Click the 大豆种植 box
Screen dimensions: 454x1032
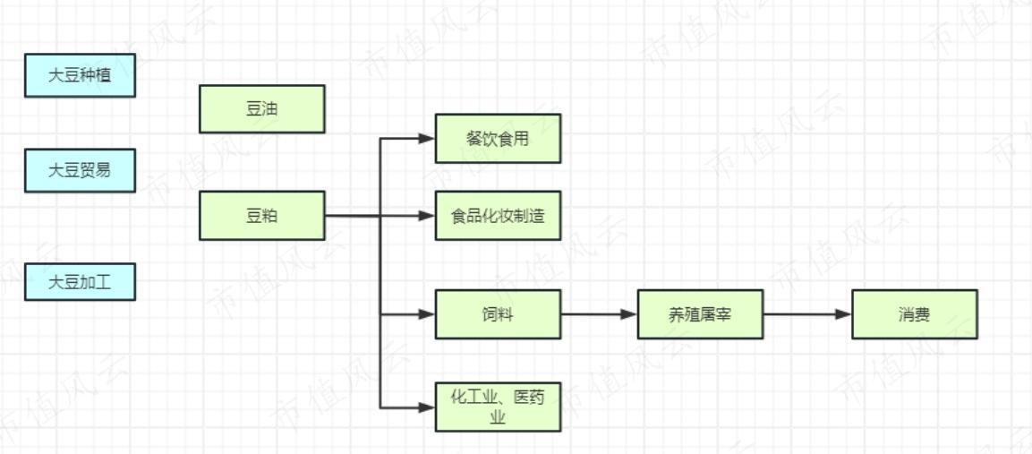(80, 75)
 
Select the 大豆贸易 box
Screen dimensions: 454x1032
(80, 170)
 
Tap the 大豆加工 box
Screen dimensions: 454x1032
(80, 282)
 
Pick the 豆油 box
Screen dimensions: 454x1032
(261, 109)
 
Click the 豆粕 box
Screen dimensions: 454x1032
(261, 216)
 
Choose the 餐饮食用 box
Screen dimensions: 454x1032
(498, 139)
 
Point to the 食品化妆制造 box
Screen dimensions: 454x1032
(498, 216)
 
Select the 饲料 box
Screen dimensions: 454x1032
(498, 314)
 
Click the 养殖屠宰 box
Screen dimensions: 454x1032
(700, 314)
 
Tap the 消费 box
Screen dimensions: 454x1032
(914, 314)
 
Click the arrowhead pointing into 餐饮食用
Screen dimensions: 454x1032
(428, 139)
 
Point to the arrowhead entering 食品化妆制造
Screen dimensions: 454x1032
(428, 216)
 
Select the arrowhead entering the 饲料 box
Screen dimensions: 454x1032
(428, 314)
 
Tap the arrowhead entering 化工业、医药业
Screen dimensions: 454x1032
(428, 407)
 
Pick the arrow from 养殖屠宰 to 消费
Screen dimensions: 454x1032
(806, 314)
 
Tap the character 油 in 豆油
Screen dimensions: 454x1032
(269, 109)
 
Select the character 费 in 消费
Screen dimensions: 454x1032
(922, 314)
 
